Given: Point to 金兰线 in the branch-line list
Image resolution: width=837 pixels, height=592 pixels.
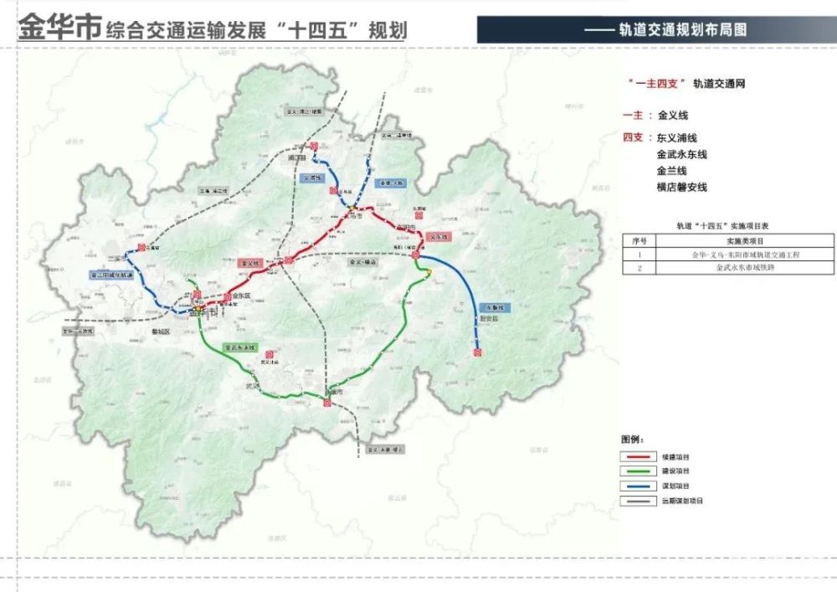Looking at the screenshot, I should pyautogui.click(x=672, y=171).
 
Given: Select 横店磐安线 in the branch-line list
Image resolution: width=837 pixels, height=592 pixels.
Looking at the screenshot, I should pyautogui.click(x=682, y=188).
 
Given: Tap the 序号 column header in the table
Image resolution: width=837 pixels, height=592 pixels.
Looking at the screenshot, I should pyautogui.click(x=639, y=240).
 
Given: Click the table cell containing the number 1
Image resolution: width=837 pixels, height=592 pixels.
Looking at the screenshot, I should pyautogui.click(x=639, y=255).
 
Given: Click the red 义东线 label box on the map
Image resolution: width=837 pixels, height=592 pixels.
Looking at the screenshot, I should pyautogui.click(x=438, y=237).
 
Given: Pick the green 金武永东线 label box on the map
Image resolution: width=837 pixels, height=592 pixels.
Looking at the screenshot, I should pyautogui.click(x=239, y=347).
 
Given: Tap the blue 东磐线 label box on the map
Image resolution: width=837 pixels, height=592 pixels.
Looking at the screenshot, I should pyautogui.click(x=495, y=307).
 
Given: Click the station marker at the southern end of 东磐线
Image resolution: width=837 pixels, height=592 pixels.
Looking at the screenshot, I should pyautogui.click(x=477, y=353).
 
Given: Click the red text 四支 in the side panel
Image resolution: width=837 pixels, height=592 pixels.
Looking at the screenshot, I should pyautogui.click(x=633, y=137).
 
